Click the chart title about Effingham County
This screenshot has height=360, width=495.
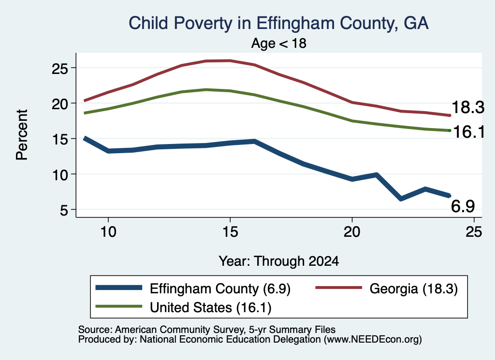[x=278, y=23]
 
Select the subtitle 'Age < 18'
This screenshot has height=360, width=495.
[x=279, y=43]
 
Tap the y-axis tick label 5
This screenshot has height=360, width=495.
[x=64, y=210]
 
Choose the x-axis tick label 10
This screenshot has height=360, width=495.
[x=108, y=232]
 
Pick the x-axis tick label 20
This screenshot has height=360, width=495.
[x=352, y=232]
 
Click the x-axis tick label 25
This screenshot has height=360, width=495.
[x=474, y=232]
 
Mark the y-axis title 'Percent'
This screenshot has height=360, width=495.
[x=22, y=135]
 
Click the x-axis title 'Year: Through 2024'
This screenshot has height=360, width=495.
[x=279, y=261]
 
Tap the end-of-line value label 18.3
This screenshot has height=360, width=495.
[x=468, y=107]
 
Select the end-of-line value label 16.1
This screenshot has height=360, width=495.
[x=468, y=131]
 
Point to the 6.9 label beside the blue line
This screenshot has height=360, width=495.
[x=463, y=206]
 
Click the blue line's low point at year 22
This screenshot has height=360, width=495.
[x=401, y=199]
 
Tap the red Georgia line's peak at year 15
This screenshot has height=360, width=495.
[x=230, y=60]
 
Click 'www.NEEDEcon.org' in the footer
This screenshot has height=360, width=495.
[x=373, y=340]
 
